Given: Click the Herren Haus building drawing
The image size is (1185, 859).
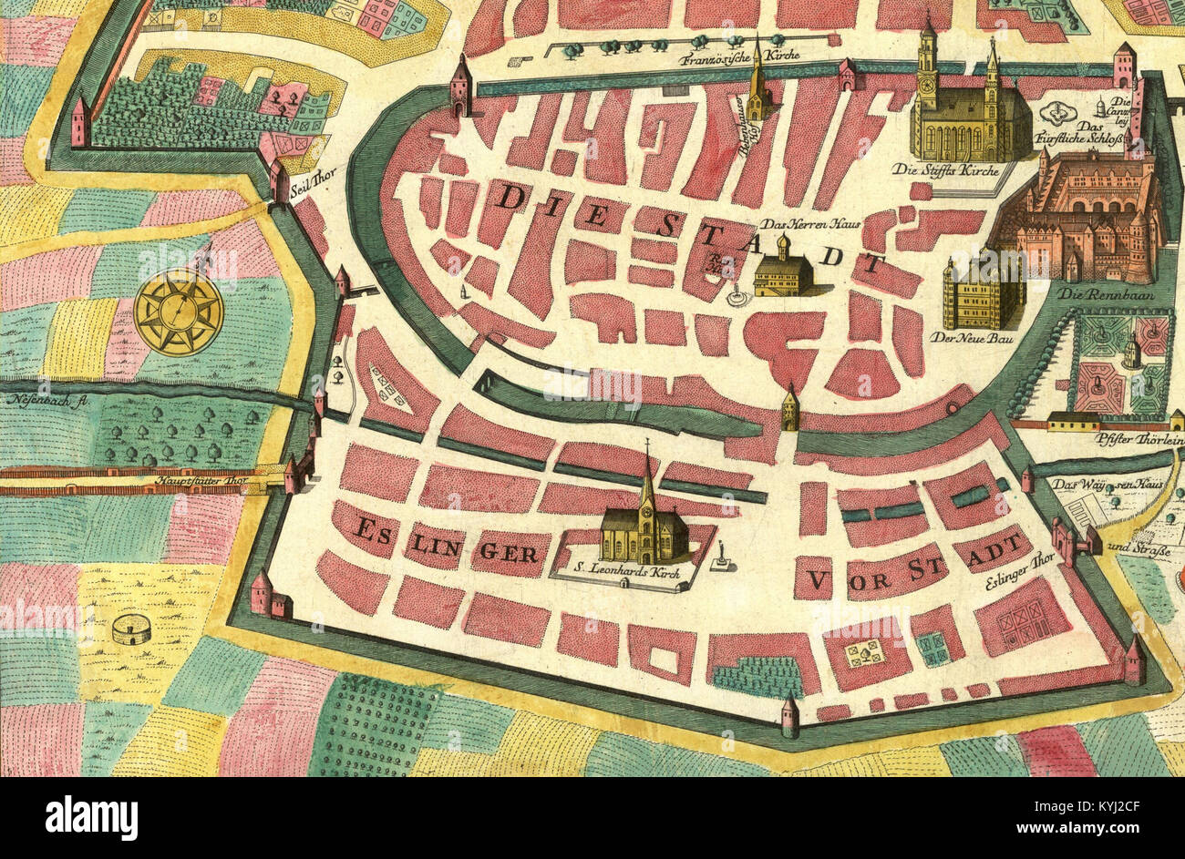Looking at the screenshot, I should (783, 272).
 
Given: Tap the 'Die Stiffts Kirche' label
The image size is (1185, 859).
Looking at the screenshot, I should (945, 169).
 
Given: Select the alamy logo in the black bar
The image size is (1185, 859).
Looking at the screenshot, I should (91, 817).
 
